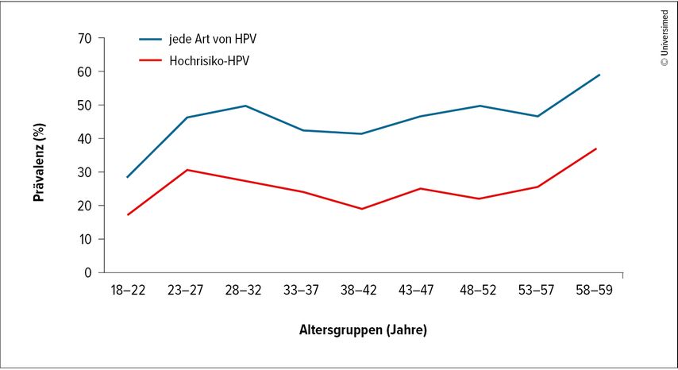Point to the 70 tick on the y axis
(85, 38)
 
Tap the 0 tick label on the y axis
(88, 272)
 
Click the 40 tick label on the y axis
(85, 139)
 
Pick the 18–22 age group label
(127, 291)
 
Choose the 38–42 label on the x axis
(362, 291)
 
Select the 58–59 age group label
(596, 291)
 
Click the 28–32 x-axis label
(245, 291)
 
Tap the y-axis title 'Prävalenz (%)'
(39, 156)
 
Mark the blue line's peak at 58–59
(599, 75)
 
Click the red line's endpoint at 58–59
(596, 148)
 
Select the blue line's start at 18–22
(127, 177)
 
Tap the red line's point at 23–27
(187, 170)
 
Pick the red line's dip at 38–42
(362, 209)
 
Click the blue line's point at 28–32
(245, 106)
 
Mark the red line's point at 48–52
(479, 198)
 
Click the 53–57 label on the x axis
(537, 291)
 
